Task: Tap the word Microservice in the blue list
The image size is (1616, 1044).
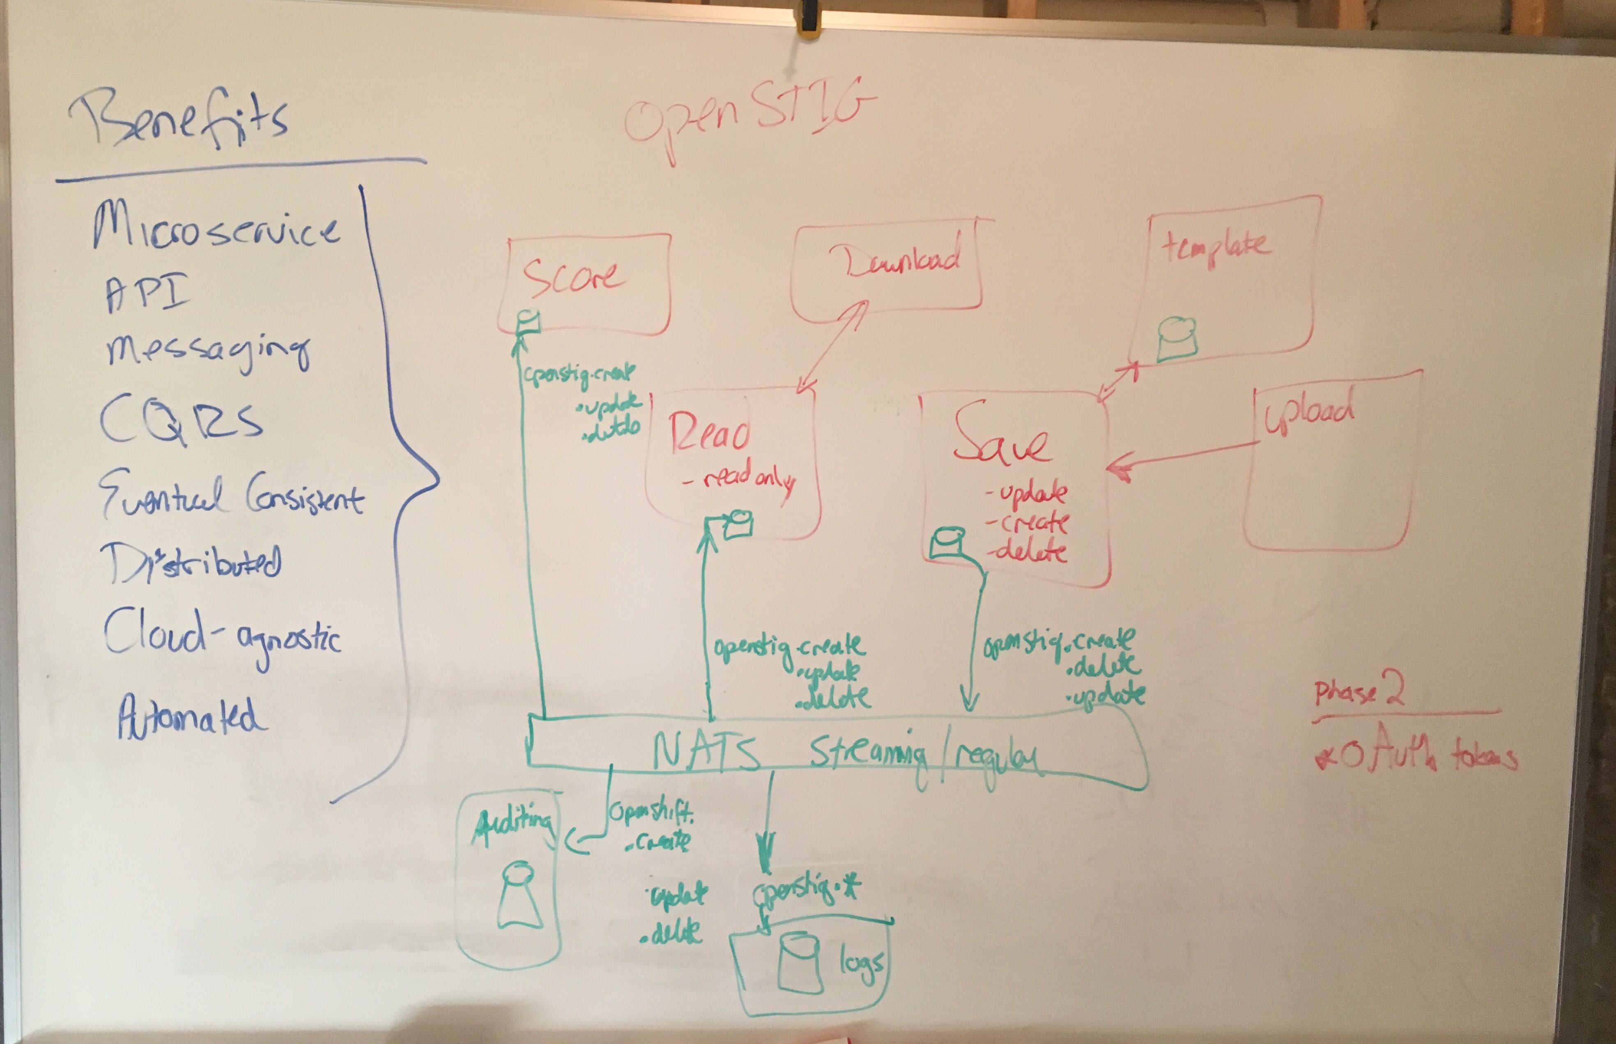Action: [x=216, y=229]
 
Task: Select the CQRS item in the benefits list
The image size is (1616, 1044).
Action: [x=180, y=420]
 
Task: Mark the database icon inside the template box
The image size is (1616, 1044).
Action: [x=1177, y=339]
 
